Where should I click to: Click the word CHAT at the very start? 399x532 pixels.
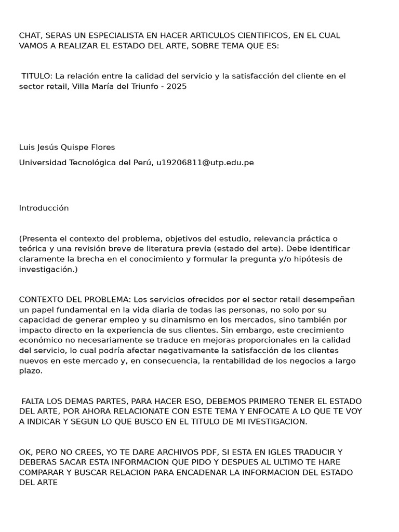[x=30, y=35]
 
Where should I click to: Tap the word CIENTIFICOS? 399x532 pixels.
[x=270, y=35]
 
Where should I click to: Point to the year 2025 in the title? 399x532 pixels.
[x=176, y=86]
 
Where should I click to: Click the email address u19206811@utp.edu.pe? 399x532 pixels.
[x=205, y=163]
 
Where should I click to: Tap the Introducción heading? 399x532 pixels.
[x=44, y=208]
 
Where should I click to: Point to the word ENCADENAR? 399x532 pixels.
[x=220, y=472]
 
